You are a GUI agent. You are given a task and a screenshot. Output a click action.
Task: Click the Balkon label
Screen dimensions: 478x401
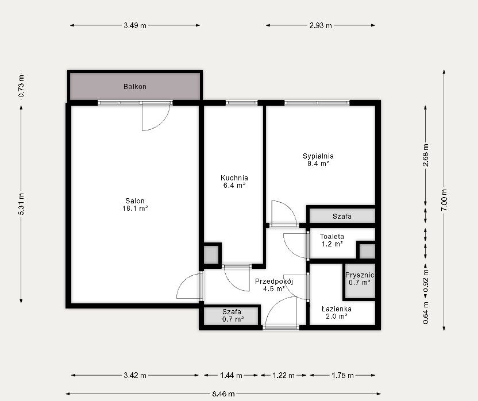coord(135,87)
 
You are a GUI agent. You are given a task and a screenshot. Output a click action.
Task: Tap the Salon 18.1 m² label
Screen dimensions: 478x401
coord(135,205)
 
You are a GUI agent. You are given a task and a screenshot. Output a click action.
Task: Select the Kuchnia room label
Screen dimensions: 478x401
coord(234,182)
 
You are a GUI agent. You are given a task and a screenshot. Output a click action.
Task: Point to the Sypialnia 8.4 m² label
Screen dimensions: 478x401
coord(318,160)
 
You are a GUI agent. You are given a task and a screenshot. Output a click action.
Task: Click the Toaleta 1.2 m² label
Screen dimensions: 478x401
coord(332,240)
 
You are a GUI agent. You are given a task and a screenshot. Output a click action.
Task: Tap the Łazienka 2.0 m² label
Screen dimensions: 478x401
coord(337,313)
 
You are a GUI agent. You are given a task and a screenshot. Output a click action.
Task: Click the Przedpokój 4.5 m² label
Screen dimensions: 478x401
coord(273,285)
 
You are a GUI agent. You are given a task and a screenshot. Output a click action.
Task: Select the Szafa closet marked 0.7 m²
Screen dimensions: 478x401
coord(233,315)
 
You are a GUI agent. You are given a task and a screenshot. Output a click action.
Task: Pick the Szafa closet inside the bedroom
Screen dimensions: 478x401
coord(342,216)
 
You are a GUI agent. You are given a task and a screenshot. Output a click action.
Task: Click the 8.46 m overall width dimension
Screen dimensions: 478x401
coord(223,394)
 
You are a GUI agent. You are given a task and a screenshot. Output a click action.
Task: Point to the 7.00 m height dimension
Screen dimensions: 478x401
coord(444,200)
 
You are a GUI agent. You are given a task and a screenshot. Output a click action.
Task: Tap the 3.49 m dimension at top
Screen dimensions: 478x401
coord(135,26)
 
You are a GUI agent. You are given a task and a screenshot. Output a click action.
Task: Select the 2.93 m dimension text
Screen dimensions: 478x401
coord(321,26)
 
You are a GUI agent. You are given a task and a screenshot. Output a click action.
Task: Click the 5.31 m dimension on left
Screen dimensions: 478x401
coord(21,204)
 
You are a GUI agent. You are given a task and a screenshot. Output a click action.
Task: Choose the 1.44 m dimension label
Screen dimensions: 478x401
coord(231,375)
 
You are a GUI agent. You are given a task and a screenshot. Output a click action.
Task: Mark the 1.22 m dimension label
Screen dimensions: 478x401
coord(283,375)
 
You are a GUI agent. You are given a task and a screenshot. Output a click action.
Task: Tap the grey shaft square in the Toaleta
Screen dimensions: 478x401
coord(367,251)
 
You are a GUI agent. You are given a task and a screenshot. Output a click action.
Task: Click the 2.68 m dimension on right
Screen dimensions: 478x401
coord(426,155)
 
